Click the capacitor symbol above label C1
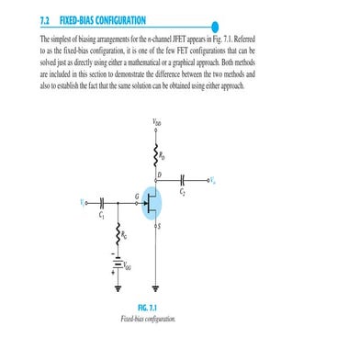click(x=99, y=202)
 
